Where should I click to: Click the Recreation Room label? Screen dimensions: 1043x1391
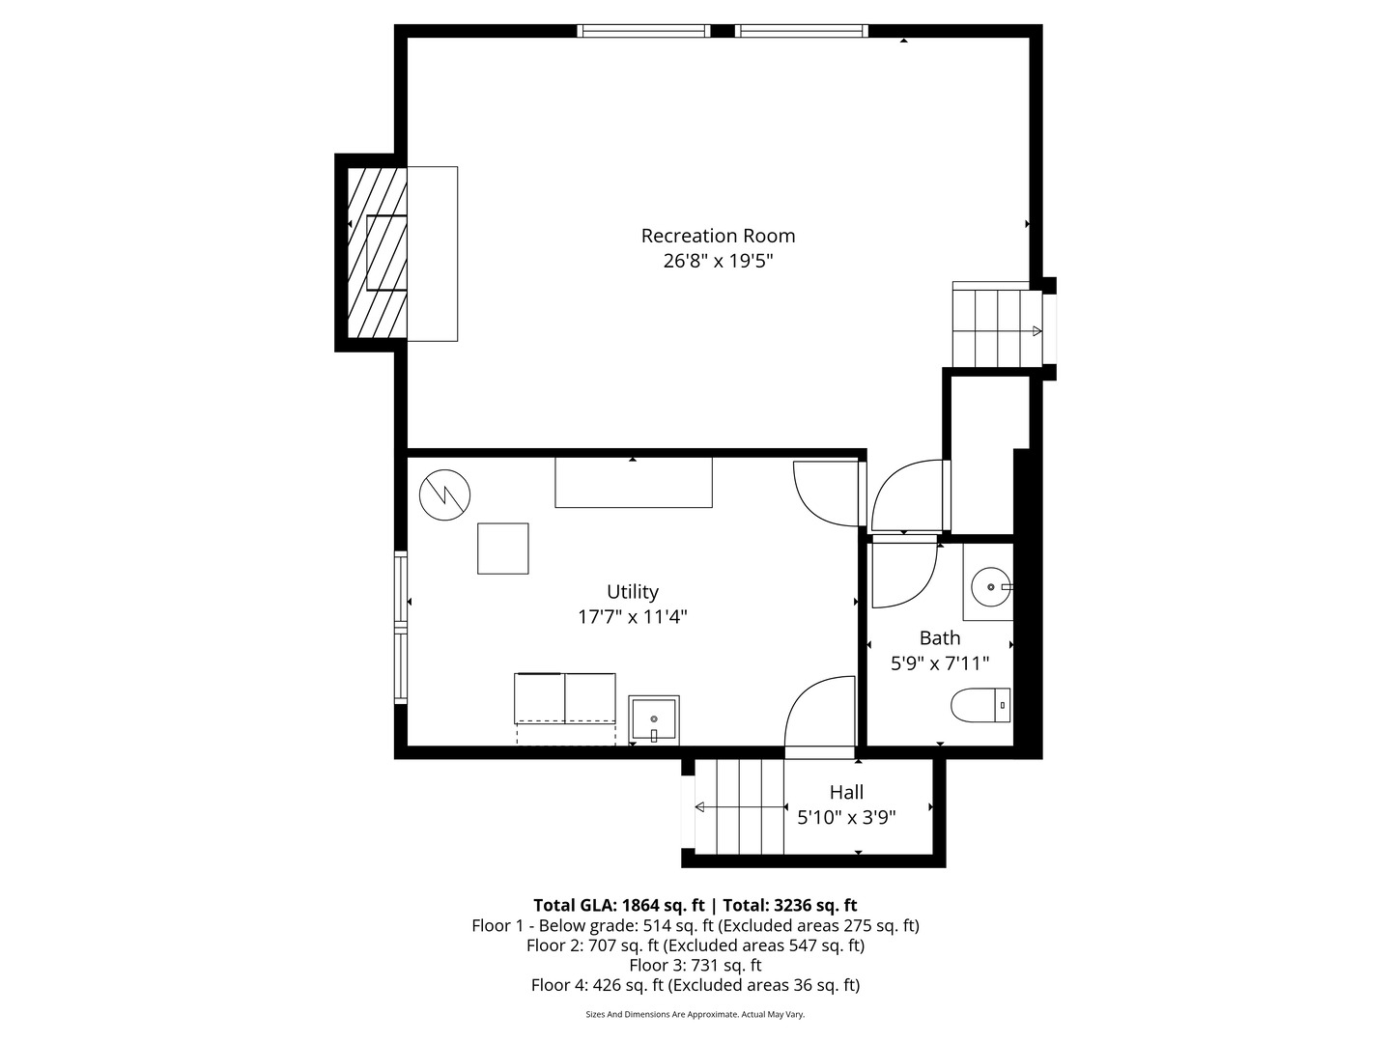[x=718, y=236]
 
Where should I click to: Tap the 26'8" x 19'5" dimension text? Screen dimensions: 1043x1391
[x=718, y=261]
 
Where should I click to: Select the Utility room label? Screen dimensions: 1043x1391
[x=633, y=592]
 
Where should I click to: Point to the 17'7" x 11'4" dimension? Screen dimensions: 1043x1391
[x=633, y=617]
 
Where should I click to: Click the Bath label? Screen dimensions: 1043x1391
[x=939, y=638]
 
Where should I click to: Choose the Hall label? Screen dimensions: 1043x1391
[x=846, y=793]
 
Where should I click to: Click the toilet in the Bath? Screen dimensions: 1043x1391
[x=980, y=705]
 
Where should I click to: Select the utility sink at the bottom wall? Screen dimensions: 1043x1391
[x=654, y=719]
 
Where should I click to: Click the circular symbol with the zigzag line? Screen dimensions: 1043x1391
[x=444, y=495]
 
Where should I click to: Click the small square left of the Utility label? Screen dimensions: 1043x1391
[x=503, y=549]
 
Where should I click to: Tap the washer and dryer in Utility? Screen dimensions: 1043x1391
[x=565, y=698]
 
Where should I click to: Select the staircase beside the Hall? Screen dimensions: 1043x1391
[x=740, y=806]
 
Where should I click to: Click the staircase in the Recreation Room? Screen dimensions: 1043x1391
[x=995, y=326]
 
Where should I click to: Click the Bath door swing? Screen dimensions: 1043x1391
[x=903, y=575]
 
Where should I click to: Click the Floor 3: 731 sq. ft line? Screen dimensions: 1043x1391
[x=695, y=965]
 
